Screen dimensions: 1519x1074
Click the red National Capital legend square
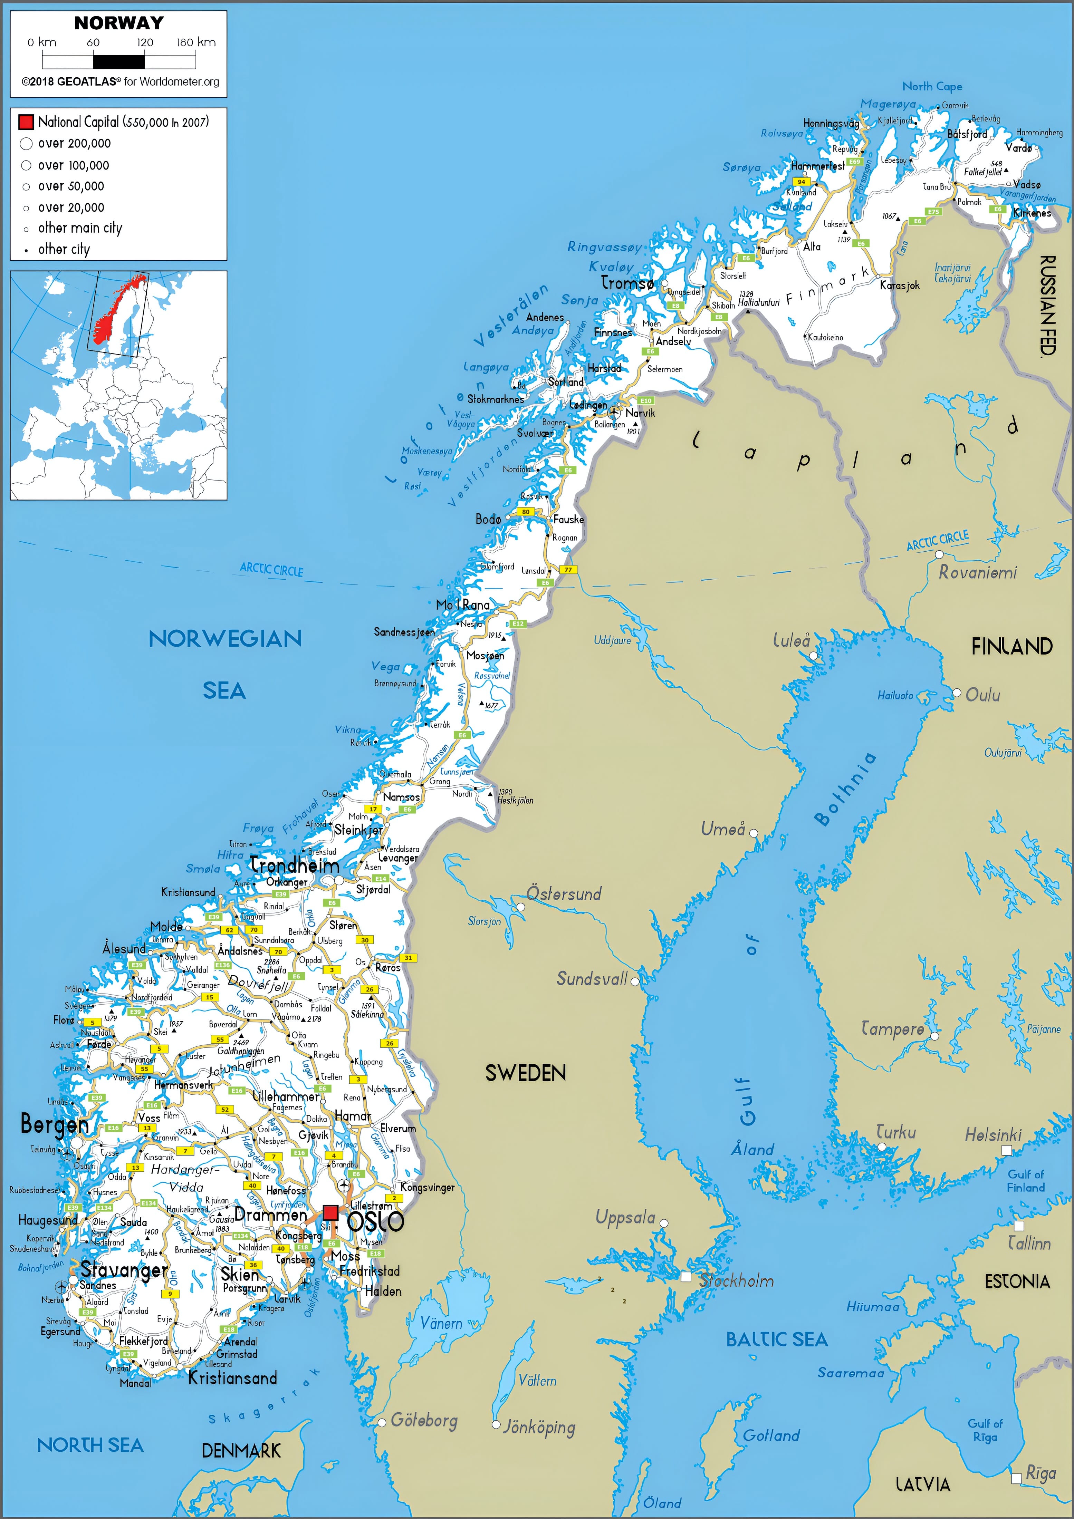coord(26,122)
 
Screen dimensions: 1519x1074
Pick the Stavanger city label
coord(124,1270)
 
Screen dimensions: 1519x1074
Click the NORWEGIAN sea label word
coord(225,638)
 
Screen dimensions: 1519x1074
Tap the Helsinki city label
coord(993,1135)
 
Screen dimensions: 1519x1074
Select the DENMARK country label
coord(241,1451)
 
